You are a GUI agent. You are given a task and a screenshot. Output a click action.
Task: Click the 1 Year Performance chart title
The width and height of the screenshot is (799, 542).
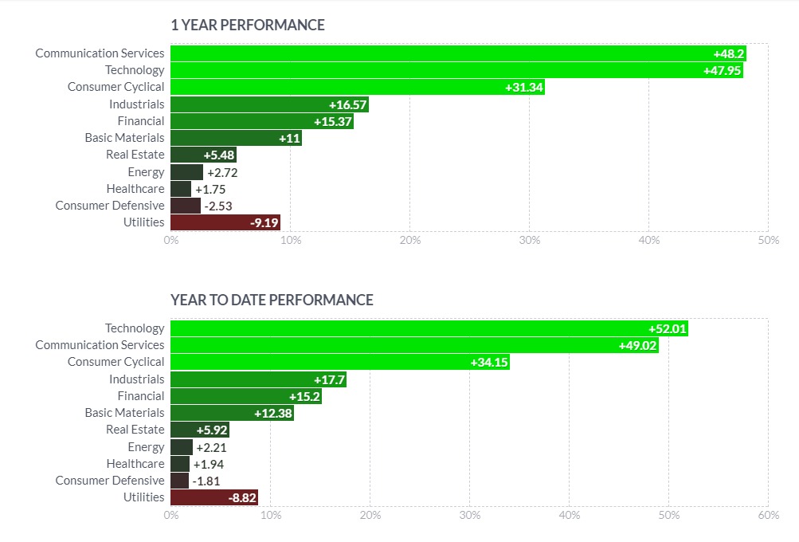click(x=248, y=26)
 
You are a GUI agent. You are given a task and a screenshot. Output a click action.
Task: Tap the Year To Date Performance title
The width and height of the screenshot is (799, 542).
click(x=272, y=300)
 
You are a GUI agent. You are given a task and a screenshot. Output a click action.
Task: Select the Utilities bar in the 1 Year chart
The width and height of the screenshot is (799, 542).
click(x=225, y=222)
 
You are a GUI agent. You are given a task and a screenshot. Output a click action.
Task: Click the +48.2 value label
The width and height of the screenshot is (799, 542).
click(x=728, y=53)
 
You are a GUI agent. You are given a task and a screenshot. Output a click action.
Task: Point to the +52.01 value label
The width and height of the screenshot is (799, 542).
click(x=668, y=328)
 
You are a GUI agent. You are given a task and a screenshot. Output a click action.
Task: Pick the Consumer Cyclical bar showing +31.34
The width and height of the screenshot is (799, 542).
click(x=358, y=87)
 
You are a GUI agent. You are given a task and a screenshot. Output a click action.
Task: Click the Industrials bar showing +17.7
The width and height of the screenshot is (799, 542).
click(x=258, y=379)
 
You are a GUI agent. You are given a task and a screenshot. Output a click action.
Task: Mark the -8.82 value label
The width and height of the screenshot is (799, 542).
click(x=241, y=497)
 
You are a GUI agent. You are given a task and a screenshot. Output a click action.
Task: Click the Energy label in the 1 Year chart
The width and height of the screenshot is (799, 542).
click(x=146, y=172)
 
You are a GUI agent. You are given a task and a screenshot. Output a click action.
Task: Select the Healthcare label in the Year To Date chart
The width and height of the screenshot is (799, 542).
click(x=135, y=464)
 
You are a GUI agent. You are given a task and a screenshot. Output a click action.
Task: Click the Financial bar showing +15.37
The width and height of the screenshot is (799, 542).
click(x=261, y=121)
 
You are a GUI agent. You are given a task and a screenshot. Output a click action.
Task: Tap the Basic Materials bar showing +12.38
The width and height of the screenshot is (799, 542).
click(x=232, y=413)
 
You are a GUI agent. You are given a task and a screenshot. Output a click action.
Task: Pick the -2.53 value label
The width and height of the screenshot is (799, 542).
click(x=217, y=206)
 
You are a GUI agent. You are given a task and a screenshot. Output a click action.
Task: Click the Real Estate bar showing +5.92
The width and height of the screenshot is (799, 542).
click(x=199, y=430)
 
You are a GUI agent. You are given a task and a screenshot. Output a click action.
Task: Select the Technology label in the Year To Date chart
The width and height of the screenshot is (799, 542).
click(x=135, y=328)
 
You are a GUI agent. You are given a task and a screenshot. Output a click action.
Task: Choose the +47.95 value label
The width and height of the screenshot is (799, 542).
click(x=723, y=70)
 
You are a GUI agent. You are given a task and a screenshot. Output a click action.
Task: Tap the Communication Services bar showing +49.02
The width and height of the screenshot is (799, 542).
click(x=414, y=345)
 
